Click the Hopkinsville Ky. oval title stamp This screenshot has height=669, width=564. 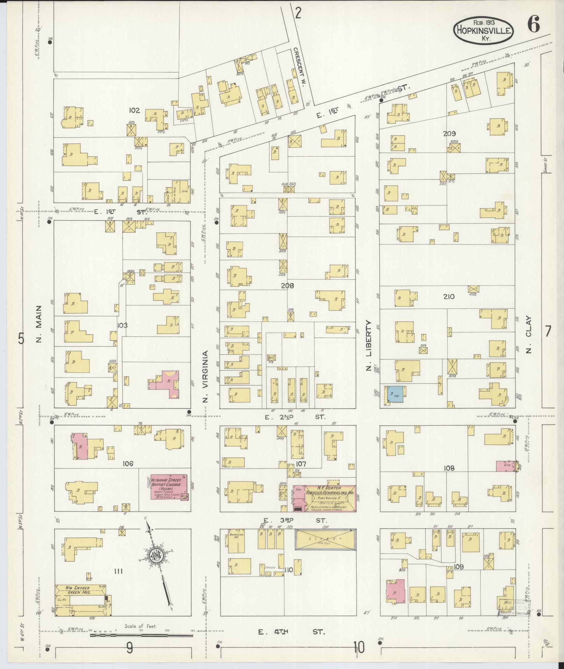[484, 31]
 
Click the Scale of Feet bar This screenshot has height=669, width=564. [142, 634]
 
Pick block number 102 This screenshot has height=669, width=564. [134, 111]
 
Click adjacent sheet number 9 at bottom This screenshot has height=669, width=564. [129, 648]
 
